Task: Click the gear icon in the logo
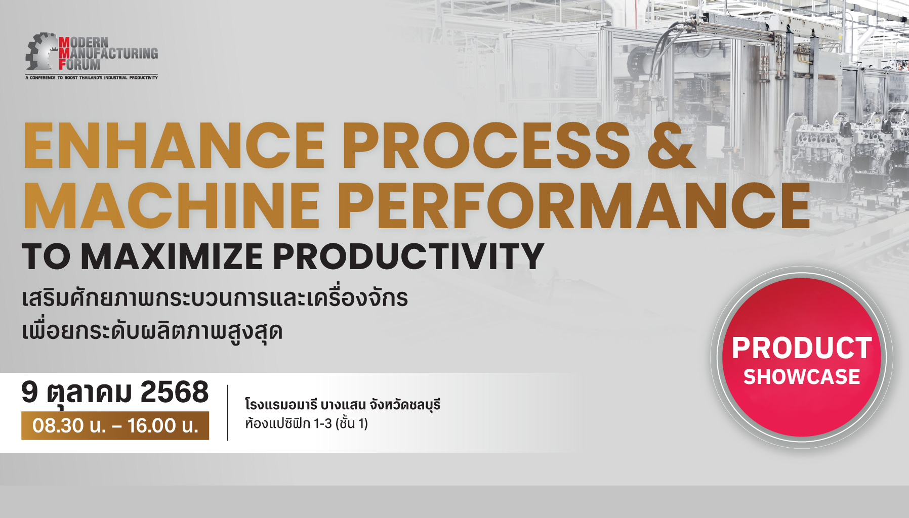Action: tap(40, 52)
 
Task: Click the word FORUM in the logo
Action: tap(79, 65)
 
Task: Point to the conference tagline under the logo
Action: tap(92, 78)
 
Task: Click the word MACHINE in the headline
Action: tap(172, 205)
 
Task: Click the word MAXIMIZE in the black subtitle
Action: tap(172, 256)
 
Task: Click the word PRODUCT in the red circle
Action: tap(802, 348)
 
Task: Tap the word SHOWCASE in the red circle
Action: tap(802, 377)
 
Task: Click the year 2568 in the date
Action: tap(175, 392)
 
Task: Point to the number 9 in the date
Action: tap(30, 392)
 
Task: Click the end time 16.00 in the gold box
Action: tap(151, 426)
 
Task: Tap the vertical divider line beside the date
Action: tap(228, 413)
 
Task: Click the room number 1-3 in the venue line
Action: tap(322, 423)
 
